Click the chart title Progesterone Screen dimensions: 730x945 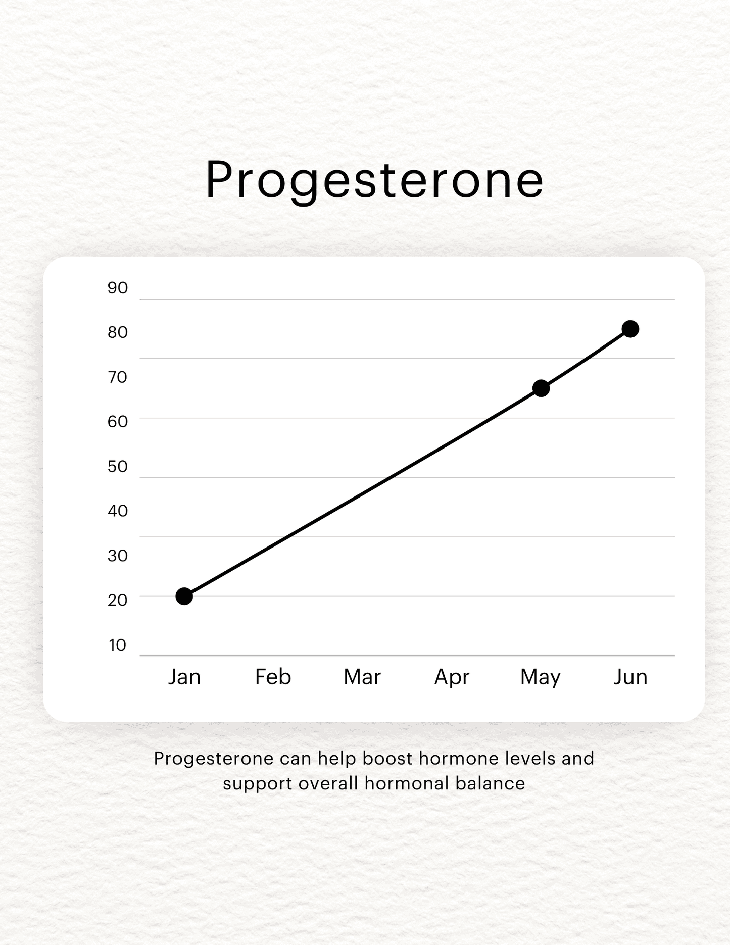click(374, 181)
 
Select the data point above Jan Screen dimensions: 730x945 click(184, 596)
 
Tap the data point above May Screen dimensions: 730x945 click(541, 388)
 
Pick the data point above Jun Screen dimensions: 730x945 click(630, 329)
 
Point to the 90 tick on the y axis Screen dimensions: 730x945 click(118, 288)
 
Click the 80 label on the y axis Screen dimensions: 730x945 click(118, 332)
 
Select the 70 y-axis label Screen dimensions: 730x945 click(118, 377)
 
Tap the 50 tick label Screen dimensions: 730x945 click(118, 466)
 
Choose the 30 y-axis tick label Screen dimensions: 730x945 click(118, 556)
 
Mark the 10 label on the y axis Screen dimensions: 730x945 click(118, 645)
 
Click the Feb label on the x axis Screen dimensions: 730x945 click(273, 677)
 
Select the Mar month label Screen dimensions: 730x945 click(362, 677)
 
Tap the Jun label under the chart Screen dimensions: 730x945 click(630, 677)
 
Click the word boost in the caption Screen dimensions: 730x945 click(388, 758)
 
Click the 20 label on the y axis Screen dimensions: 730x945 click(118, 600)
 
